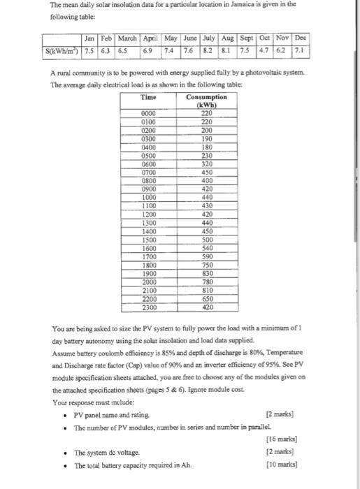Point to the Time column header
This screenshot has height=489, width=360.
pyautogui.click(x=148, y=97)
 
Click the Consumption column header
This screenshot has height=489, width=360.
pyautogui.click(x=206, y=97)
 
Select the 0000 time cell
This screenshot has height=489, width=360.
pyautogui.click(x=148, y=113)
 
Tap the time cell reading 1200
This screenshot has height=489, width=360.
pyautogui.click(x=148, y=214)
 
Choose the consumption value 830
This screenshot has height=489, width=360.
pyautogui.click(x=206, y=273)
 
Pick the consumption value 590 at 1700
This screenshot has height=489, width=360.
pyautogui.click(x=206, y=256)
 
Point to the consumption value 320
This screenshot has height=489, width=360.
pyautogui.click(x=206, y=163)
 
